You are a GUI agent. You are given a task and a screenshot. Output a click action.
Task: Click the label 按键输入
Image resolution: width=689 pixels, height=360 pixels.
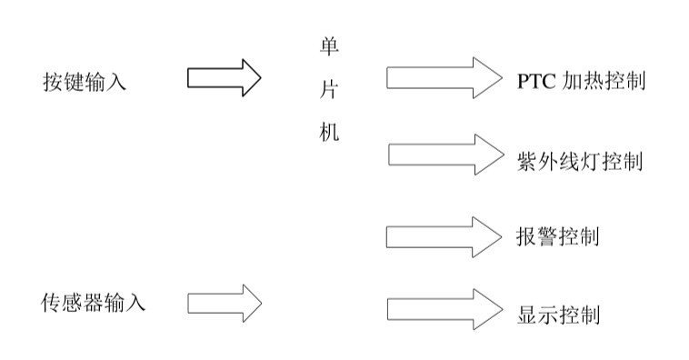(x=85, y=82)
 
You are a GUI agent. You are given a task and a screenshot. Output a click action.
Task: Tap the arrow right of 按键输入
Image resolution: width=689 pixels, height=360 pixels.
(x=224, y=78)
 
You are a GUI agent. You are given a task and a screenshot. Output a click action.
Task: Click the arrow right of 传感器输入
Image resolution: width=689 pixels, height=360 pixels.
(x=224, y=302)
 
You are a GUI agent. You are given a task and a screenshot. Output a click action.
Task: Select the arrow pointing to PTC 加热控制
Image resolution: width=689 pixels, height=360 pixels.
(x=444, y=78)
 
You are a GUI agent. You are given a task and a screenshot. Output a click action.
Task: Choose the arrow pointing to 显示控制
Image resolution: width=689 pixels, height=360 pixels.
(x=444, y=308)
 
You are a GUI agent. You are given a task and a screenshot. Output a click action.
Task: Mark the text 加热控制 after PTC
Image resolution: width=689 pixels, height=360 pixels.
(x=604, y=82)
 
